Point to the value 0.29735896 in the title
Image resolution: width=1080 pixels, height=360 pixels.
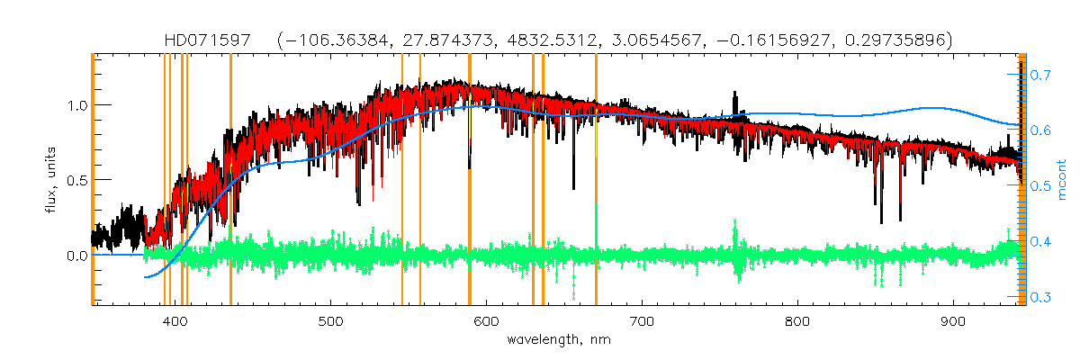click(889, 40)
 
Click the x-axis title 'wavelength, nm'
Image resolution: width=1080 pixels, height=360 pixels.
click(558, 340)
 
